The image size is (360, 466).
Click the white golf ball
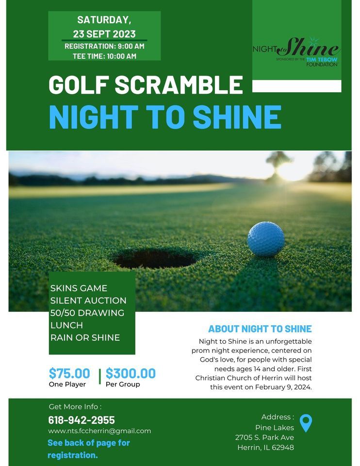coord(266,239)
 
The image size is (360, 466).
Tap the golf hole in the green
coord(156,258)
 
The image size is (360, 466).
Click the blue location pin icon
coord(306,423)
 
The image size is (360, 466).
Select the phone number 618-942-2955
coord(82,420)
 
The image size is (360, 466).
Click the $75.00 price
coord(69,373)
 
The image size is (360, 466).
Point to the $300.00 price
coord(131,373)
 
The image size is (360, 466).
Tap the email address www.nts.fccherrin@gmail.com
coord(99,431)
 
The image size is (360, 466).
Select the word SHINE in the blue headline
coord(237,116)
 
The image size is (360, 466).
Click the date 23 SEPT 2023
coord(104,34)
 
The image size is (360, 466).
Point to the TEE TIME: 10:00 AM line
coord(104,56)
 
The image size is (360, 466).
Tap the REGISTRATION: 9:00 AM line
coord(104,46)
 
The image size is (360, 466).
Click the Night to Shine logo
coord(296,51)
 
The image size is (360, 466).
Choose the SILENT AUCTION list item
coord(88,300)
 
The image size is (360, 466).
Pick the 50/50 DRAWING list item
coord(87,313)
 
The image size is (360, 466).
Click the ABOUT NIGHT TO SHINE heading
coord(260,329)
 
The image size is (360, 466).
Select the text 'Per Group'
coord(123,384)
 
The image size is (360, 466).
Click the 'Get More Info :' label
coord(75,407)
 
